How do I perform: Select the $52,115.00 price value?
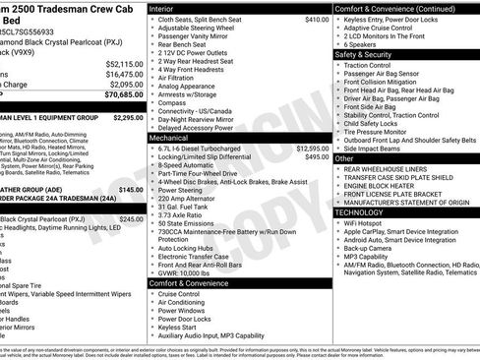tap(124, 63)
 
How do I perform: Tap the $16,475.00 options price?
tap(124, 74)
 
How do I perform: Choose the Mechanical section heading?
tap(168, 139)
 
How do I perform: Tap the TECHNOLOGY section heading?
tap(360, 212)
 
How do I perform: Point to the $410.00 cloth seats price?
tap(317, 19)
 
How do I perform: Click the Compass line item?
tap(172, 101)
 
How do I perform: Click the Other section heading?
tap(344, 158)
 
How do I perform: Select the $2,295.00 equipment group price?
tap(128, 117)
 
